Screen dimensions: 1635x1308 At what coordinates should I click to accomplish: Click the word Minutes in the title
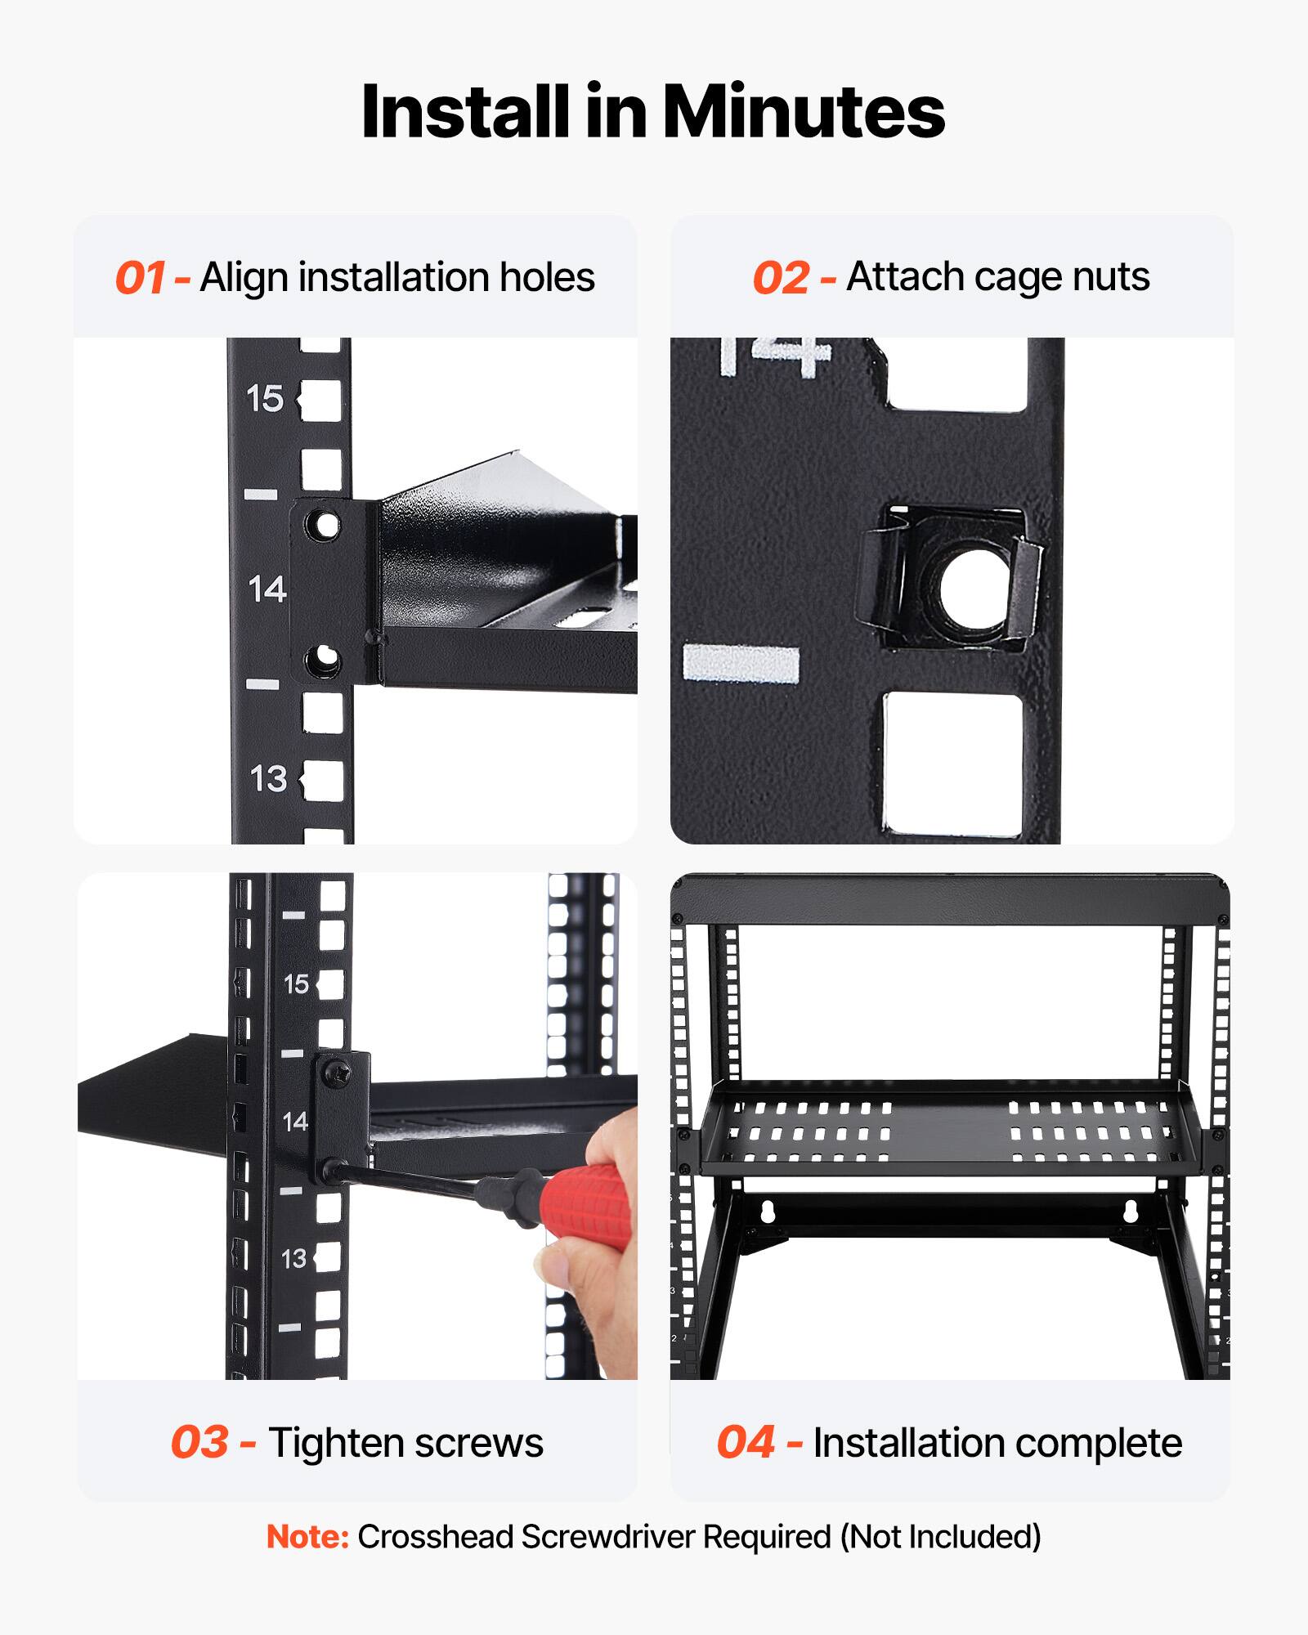[803, 112]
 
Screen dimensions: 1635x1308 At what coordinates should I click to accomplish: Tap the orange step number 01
[141, 278]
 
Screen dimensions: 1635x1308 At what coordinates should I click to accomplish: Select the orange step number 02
[781, 278]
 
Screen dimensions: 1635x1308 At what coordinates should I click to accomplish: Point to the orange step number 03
[199, 1442]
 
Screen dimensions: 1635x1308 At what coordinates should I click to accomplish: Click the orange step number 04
[745, 1442]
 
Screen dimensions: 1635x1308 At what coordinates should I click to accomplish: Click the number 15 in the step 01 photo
[264, 399]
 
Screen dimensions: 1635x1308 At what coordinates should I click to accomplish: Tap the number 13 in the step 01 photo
[268, 778]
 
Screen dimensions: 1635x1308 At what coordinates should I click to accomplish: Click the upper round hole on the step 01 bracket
[325, 524]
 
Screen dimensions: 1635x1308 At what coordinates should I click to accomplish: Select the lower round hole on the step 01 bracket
[325, 658]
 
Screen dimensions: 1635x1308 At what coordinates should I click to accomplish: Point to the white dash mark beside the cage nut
[741, 663]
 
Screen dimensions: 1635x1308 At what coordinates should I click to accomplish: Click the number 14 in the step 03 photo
[295, 1121]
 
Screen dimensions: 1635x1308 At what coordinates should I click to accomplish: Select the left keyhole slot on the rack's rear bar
[767, 1211]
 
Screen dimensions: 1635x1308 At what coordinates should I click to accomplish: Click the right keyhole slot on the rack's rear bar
[1131, 1211]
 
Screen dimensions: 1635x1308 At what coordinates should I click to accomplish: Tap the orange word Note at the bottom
[307, 1537]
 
